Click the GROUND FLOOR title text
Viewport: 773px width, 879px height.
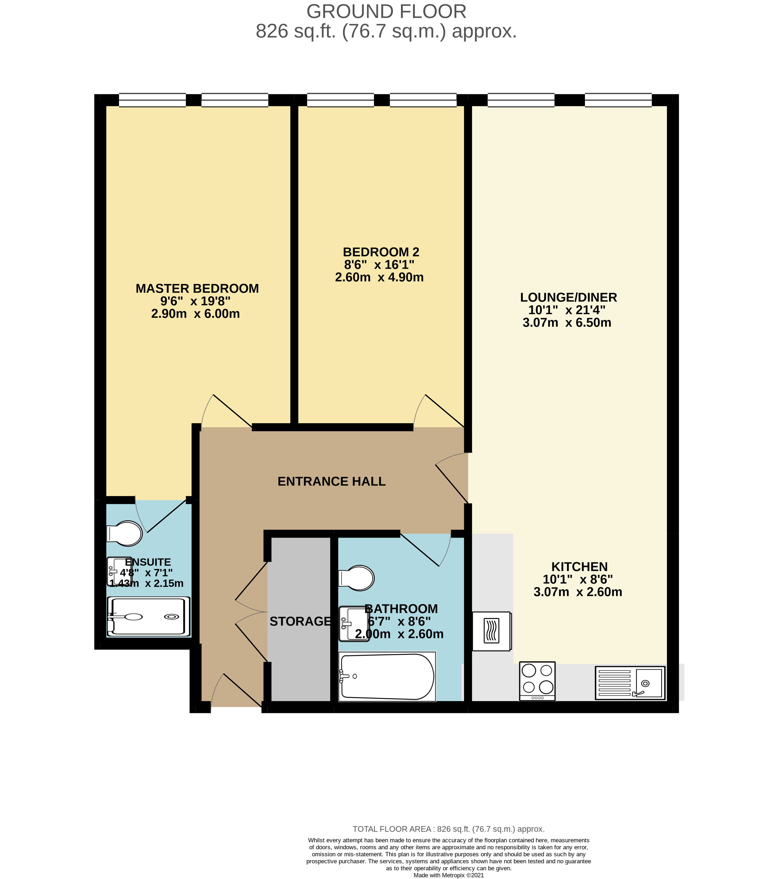386,12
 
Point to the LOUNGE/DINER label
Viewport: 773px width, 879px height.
568,297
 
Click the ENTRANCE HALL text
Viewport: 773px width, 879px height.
331,481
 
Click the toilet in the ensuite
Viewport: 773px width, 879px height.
125,534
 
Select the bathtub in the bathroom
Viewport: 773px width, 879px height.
386,677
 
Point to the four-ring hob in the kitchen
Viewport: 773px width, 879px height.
537,681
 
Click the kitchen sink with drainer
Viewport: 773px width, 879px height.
630,682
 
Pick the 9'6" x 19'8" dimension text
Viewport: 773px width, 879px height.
195,301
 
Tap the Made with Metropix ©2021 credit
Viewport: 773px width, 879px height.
448,875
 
